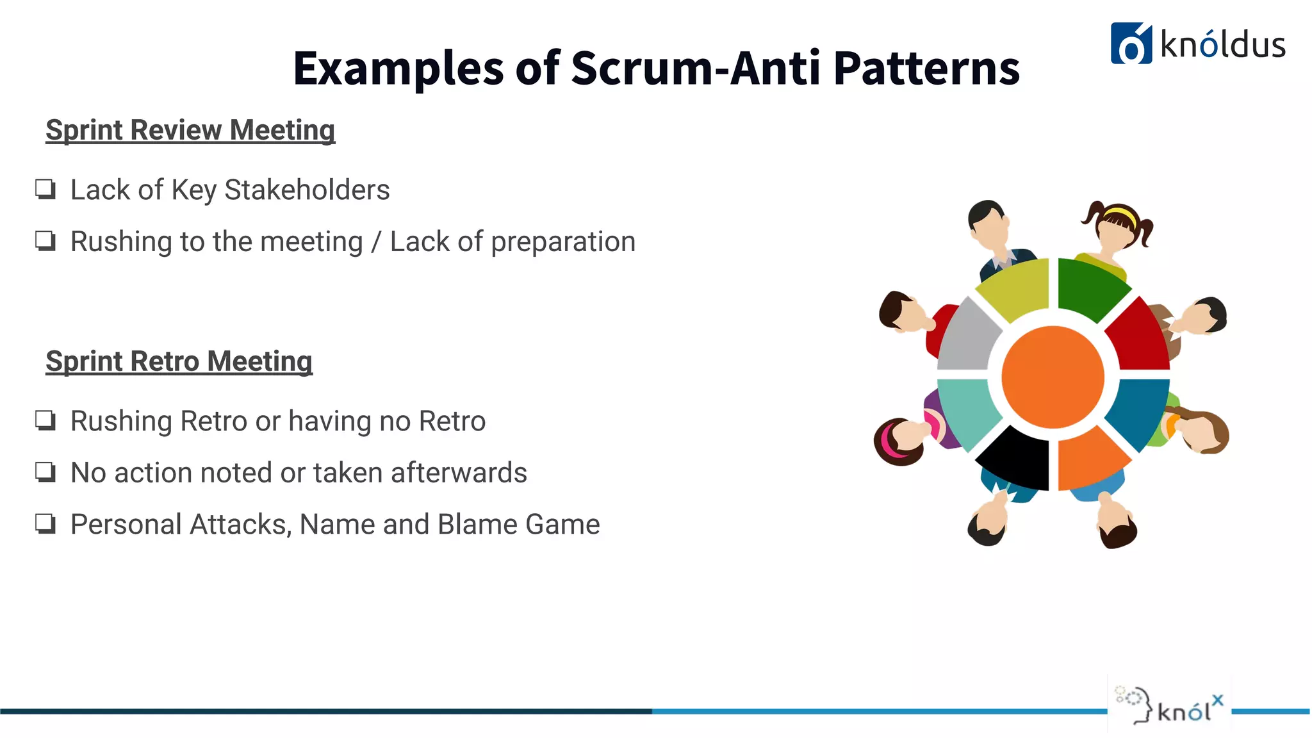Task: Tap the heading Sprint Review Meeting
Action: pos(190,130)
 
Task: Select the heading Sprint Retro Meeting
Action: pos(179,361)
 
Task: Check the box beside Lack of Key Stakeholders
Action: pos(45,190)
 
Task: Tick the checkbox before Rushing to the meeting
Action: pos(45,242)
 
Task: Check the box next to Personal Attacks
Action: pos(45,524)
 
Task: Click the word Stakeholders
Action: pos(307,190)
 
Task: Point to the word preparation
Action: pos(563,242)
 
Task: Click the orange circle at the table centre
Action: pos(1053,377)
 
